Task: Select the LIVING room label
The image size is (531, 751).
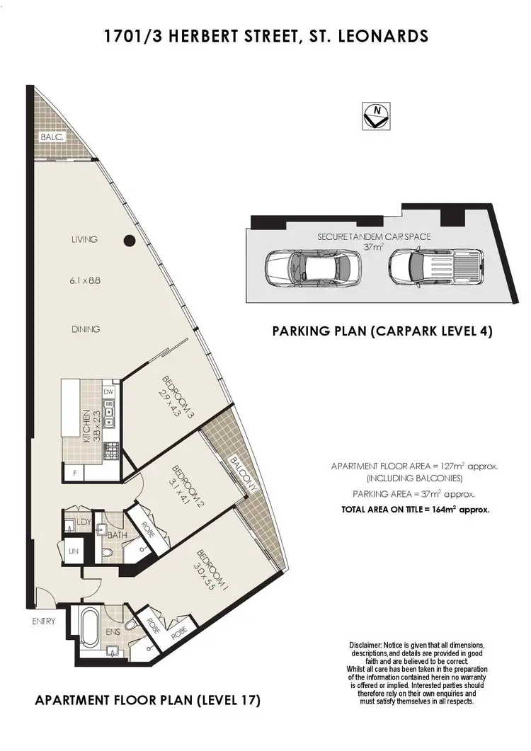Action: (x=84, y=240)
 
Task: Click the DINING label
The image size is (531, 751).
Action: (x=86, y=329)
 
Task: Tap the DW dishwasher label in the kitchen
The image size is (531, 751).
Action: (x=108, y=391)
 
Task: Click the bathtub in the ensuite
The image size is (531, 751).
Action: (x=90, y=628)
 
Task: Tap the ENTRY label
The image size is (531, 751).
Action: (x=43, y=622)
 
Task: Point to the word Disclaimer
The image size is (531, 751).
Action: (x=365, y=646)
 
